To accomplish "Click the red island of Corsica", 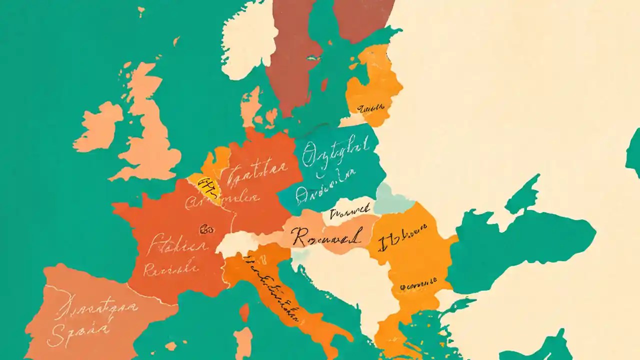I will (x=244, y=312).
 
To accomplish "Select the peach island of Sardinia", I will (x=243, y=342).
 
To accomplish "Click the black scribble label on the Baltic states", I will (x=370, y=107).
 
